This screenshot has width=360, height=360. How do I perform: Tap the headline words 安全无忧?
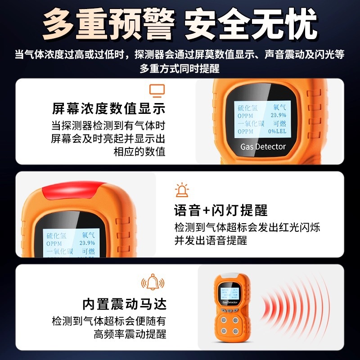[251, 26]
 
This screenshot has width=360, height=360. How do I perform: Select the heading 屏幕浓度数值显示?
[108, 108]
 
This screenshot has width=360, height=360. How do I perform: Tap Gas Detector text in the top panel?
[263, 147]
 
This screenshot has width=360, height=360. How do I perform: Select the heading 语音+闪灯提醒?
[220, 210]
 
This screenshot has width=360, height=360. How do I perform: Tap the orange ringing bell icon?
[153, 283]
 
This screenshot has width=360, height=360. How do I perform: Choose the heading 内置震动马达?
[125, 304]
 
